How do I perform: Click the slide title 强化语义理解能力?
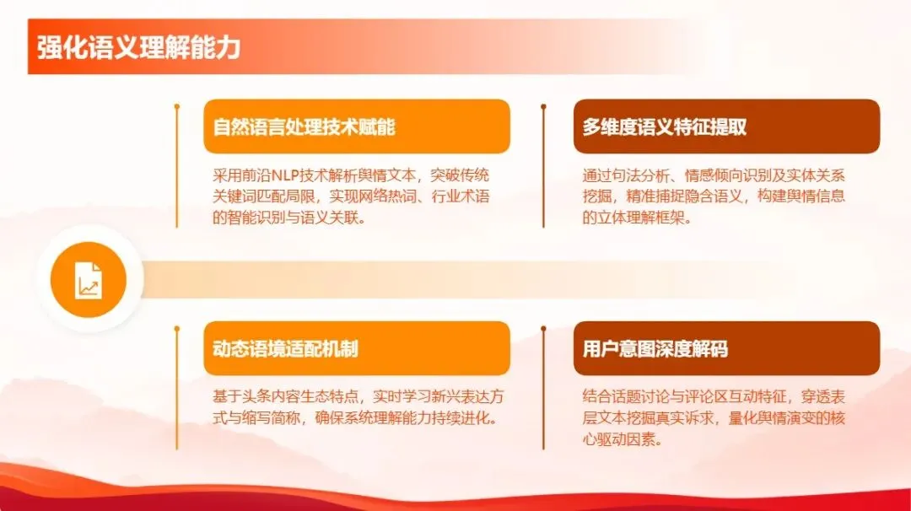pyautogui.click(x=138, y=47)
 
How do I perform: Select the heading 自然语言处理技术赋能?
pyautogui.click(x=305, y=127)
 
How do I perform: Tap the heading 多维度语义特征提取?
pyautogui.click(x=665, y=127)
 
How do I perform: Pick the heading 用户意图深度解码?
pyautogui.click(x=655, y=349)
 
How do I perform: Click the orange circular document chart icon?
pyautogui.click(x=88, y=279)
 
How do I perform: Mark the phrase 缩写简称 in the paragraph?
pyautogui.click(x=268, y=417)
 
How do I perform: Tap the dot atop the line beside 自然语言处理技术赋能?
pyautogui.click(x=176, y=107)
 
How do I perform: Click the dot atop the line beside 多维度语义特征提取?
pyautogui.click(x=544, y=107)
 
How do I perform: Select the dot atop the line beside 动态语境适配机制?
pyautogui.click(x=176, y=329)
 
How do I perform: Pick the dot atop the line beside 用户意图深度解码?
pyautogui.click(x=544, y=329)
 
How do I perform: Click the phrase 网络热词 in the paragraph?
pyautogui.click(x=392, y=196)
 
